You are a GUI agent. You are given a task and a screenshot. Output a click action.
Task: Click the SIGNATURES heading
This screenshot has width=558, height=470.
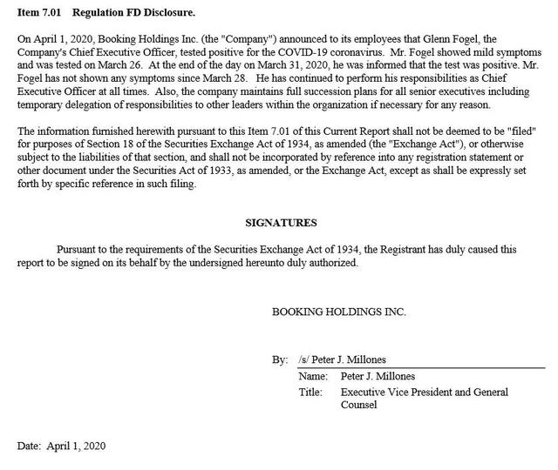click(x=281, y=222)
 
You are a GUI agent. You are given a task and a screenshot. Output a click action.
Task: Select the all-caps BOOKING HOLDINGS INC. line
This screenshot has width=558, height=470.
click(x=338, y=311)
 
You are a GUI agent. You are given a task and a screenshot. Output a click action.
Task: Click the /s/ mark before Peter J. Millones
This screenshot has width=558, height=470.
click(x=303, y=359)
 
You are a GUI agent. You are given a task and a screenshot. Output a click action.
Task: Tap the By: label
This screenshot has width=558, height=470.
click(x=280, y=359)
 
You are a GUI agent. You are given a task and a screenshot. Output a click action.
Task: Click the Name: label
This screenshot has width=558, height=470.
click(x=312, y=376)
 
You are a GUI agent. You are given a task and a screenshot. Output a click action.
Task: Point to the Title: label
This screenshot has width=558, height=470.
click(x=310, y=392)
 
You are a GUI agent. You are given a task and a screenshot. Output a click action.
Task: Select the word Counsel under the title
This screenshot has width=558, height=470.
click(x=358, y=405)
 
